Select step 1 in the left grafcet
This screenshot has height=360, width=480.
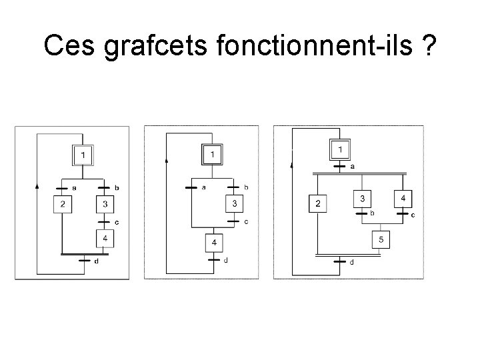coord(83,155)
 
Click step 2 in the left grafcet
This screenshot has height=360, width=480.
coord(63,204)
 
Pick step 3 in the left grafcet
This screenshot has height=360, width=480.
coord(105,204)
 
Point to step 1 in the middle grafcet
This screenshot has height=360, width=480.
coord(212,155)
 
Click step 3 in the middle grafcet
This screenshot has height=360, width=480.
coord(234,203)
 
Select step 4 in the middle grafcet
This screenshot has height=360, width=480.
coord(213,243)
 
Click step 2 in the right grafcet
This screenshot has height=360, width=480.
coord(318,203)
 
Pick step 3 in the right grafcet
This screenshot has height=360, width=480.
coord(362,199)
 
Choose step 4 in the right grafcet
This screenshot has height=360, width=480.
coord(403,199)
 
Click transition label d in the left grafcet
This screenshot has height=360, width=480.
coord(96,261)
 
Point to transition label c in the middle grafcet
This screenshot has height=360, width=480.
coord(246,221)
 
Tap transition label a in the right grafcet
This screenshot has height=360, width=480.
coord(352,167)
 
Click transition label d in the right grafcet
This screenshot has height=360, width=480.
coord(352,263)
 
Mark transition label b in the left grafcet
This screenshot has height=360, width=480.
coord(117,189)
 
